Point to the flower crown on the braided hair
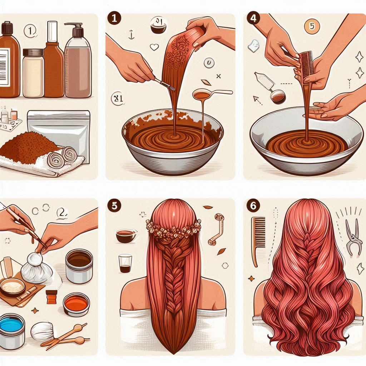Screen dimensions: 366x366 pos(173,229)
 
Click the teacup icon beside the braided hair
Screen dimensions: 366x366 pos(126,236)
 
